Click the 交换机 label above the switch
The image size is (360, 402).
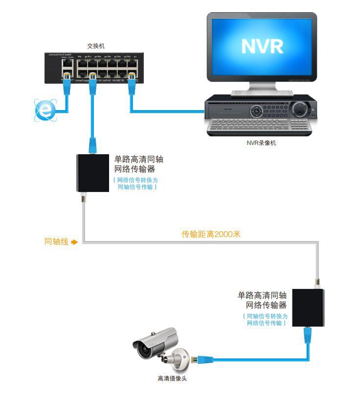click(95, 46)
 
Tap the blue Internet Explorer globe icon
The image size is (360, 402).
click(45, 110)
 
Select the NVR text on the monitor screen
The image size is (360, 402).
click(262, 47)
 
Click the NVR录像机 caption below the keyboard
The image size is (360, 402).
click(261, 143)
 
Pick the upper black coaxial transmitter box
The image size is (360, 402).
click(92, 173)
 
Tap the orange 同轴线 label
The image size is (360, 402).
click(56, 241)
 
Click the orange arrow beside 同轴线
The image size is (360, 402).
click(74, 242)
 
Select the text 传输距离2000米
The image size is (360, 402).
click(211, 235)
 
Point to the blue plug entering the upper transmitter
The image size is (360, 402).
click(92, 146)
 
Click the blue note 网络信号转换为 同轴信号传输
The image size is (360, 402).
click(137, 183)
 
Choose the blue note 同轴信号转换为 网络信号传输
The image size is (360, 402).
click(266, 320)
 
